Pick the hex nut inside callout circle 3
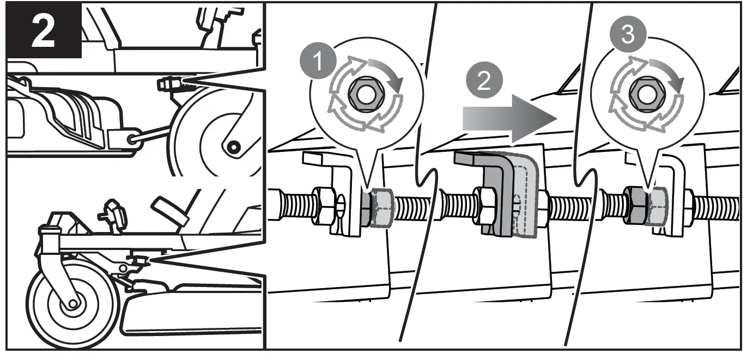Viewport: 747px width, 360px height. (646, 91)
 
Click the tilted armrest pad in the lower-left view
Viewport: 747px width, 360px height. (171, 209)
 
